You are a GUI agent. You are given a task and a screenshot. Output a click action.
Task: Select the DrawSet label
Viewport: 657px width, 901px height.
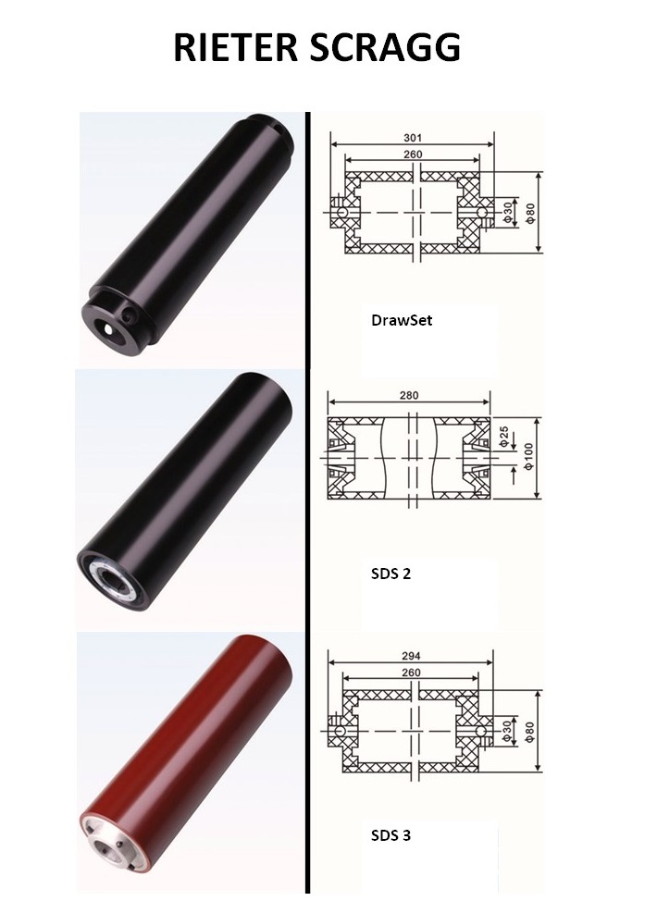coord(401,322)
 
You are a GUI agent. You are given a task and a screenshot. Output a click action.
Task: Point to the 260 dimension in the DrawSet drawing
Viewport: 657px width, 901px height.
coord(412,154)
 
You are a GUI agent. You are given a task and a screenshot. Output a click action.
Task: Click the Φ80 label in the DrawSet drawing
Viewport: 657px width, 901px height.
coord(529,211)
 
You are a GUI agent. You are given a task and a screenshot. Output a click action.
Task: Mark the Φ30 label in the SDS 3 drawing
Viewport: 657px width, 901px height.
coord(506,729)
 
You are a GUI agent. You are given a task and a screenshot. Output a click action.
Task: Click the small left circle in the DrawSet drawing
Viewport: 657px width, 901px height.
coord(341,212)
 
